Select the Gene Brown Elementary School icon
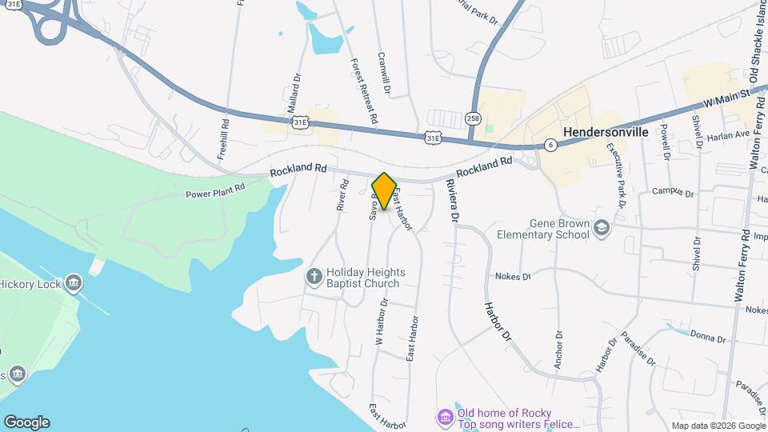click(601, 230)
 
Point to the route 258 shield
click(474, 118)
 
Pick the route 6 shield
click(550, 145)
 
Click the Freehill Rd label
click(225, 138)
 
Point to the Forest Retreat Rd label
click(364, 90)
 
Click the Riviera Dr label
click(453, 200)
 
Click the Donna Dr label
click(708, 338)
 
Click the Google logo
click(26, 422)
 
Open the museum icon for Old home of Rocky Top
click(444, 417)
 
